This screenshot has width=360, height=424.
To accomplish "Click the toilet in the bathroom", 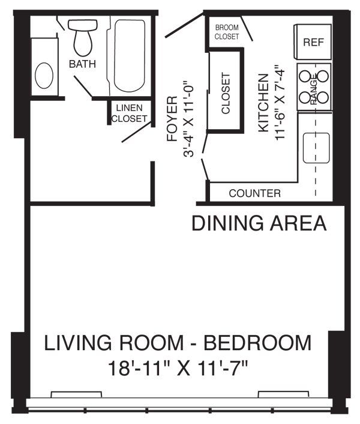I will pos(83,37).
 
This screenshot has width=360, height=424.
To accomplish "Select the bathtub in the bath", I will pos(128,55).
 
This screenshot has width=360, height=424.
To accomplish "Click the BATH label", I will pos(83,64).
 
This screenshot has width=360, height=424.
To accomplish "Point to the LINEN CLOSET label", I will pos(129,114).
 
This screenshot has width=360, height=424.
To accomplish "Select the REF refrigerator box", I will pos(313,42).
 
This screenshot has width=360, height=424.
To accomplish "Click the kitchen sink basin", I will pos(316,148).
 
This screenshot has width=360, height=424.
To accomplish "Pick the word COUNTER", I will pos(254,193).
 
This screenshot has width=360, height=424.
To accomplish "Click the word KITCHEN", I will pos(263,103).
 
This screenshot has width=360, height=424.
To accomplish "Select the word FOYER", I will pos(172,118).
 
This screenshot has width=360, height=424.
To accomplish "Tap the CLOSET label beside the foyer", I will pos(226,94).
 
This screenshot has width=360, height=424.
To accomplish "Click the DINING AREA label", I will pos(259,223).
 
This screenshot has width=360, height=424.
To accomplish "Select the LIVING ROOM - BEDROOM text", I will pos(178,344).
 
